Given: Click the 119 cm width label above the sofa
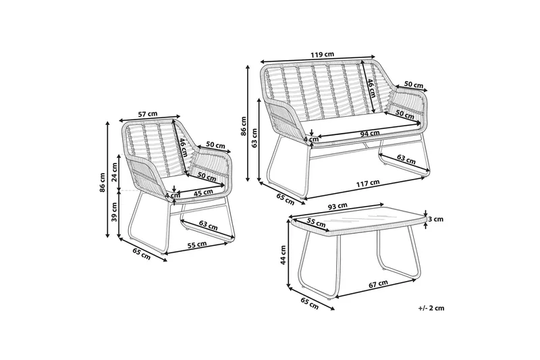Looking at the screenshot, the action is [322, 55].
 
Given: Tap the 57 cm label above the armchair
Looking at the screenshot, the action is [148, 113].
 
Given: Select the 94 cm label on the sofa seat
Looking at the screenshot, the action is [370, 133].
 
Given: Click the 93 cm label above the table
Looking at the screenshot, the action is [337, 206].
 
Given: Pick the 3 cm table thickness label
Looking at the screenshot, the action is [435, 219].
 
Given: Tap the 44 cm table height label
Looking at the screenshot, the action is [283, 255].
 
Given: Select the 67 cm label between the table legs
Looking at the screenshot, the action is [378, 284].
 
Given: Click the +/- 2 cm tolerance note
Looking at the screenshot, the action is [431, 308].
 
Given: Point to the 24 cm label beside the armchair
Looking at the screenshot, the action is [114, 172].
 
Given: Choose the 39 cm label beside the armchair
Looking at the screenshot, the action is [114, 211].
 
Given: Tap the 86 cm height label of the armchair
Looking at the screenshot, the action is [103, 182].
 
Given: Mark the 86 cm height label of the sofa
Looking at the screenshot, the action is [243, 126].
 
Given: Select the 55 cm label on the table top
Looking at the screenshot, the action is [316, 223].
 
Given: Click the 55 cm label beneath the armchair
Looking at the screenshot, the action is [197, 245].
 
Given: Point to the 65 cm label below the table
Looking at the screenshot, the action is [309, 304].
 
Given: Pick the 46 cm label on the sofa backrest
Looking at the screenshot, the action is [371, 88].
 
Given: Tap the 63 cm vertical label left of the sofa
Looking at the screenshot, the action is [254, 138].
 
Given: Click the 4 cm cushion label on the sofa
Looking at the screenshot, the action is [311, 140].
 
